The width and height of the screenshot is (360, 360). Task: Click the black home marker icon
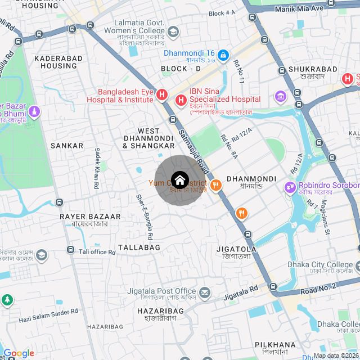point(179,181)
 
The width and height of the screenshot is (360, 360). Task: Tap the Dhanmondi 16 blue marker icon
point(223,55)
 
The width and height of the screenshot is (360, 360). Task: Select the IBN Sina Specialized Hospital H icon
point(181,101)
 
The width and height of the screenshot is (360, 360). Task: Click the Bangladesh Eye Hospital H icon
point(161,95)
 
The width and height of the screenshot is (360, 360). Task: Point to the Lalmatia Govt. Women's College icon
point(173,31)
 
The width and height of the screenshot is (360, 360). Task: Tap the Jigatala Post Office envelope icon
point(205,292)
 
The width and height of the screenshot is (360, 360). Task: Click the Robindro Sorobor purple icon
point(290,186)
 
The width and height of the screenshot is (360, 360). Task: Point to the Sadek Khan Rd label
point(97,167)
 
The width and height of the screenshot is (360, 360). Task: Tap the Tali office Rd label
point(97,252)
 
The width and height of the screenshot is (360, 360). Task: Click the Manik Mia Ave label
point(299,8)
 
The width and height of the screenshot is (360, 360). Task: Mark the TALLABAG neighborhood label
point(139,247)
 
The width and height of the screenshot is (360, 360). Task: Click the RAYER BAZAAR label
point(90,216)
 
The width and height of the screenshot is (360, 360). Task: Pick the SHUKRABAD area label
point(312,69)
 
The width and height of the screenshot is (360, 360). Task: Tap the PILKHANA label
point(275,344)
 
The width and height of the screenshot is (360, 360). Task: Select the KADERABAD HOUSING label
point(55,62)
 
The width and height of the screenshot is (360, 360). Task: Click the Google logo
point(19,353)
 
